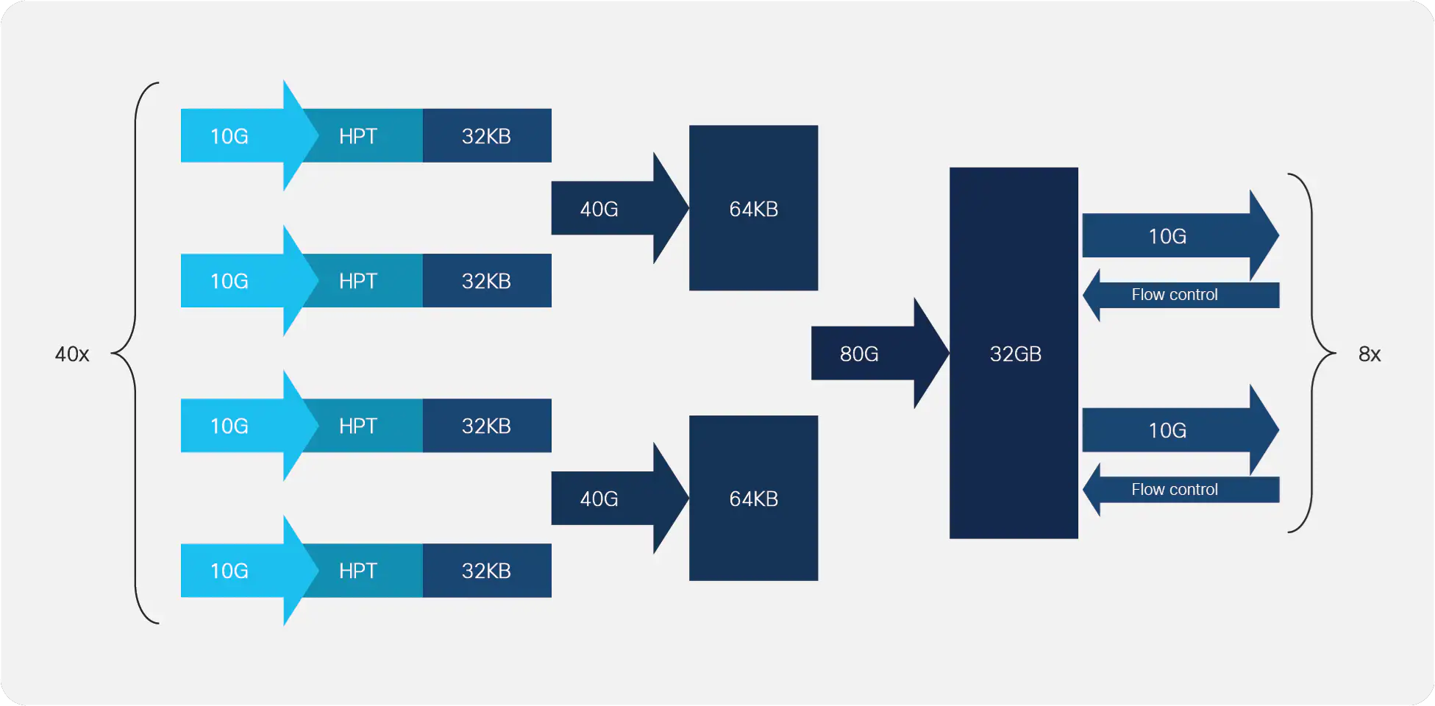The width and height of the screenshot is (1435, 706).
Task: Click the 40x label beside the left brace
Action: [x=72, y=354]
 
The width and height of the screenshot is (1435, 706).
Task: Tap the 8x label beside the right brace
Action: [x=1370, y=354]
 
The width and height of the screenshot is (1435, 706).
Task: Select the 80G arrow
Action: [x=880, y=354]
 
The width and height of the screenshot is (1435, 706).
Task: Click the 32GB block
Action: [x=1014, y=353]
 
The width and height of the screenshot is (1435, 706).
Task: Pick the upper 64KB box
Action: [x=753, y=208]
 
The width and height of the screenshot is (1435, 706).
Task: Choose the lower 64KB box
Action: [x=753, y=498]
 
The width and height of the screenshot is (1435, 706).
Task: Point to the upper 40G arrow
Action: [x=620, y=208]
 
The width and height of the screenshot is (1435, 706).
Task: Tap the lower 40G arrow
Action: [x=620, y=498]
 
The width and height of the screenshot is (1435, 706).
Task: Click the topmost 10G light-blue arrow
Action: [x=249, y=136]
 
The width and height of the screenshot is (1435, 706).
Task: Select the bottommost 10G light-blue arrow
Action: [x=249, y=571]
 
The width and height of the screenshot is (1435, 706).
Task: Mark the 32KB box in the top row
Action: [x=487, y=136]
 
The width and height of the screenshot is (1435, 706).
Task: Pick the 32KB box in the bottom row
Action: [x=487, y=571]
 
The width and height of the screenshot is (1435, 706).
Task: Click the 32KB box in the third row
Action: [x=487, y=426]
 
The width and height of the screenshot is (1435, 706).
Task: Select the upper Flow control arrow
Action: [x=1181, y=295]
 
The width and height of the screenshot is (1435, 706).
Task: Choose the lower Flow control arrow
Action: [x=1181, y=490]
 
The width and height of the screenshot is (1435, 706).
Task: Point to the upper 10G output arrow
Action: [x=1181, y=235]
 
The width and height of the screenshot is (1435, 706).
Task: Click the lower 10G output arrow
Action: [x=1181, y=429]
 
